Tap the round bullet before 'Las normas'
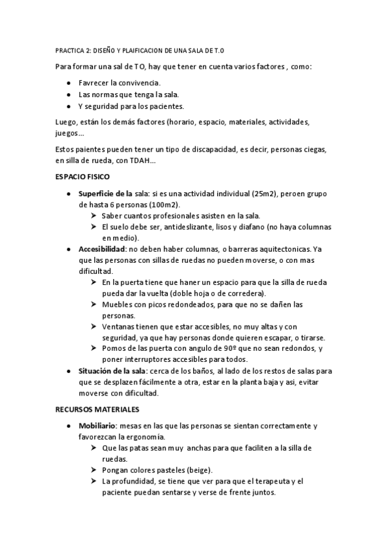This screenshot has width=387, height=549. pyautogui.click(x=69, y=95)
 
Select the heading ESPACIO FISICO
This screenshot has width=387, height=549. pyautogui.click(x=83, y=176)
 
